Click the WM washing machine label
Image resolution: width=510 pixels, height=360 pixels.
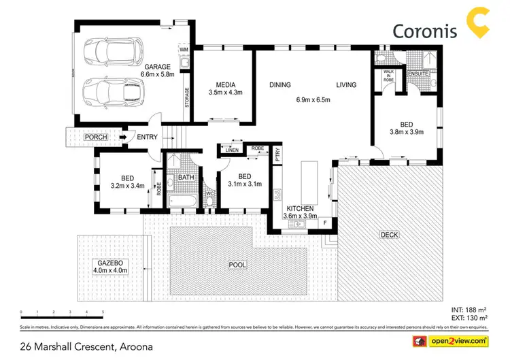pyautogui.click(x=183, y=50)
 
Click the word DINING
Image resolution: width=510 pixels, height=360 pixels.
pyautogui.click(x=279, y=85)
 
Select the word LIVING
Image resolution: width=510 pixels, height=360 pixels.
pyautogui.click(x=347, y=85)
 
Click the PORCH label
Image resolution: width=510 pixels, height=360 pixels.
pyautogui.click(x=95, y=137)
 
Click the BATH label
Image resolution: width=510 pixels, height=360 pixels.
pyautogui.click(x=186, y=178)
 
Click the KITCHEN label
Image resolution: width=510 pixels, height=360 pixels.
pyautogui.click(x=299, y=208)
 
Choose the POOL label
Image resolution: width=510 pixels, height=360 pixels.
pyautogui.click(x=237, y=264)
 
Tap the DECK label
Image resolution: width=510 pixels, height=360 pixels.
pyautogui.click(x=390, y=235)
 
